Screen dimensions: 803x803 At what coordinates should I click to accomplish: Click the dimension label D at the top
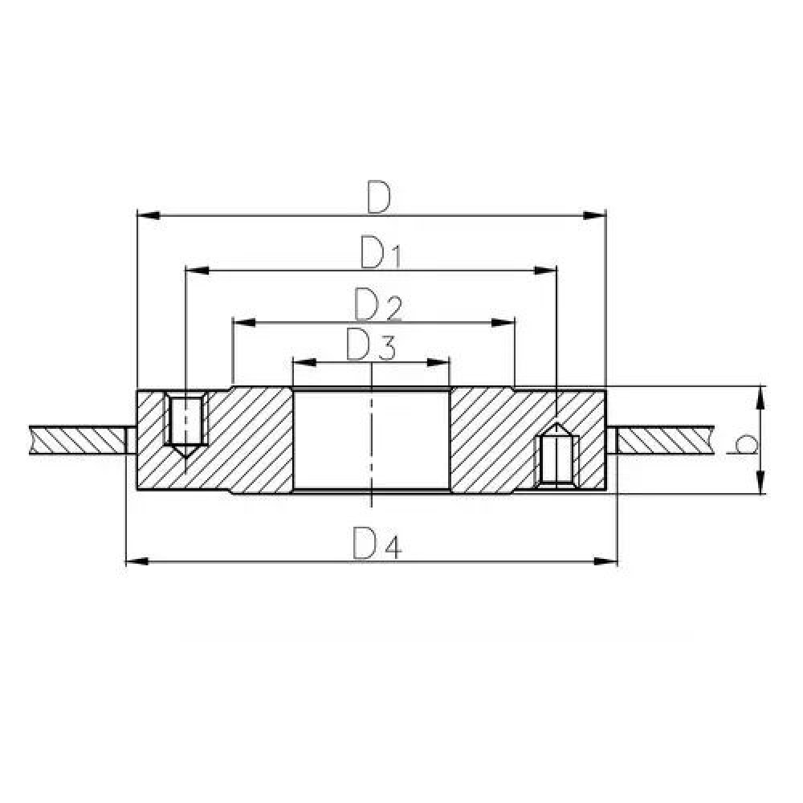pos(378,198)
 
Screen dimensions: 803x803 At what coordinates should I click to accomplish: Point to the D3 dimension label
pos(371,346)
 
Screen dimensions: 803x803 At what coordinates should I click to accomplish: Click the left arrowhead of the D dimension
pos(149,215)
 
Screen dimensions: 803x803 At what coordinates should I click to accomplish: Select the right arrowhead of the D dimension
pos(593,215)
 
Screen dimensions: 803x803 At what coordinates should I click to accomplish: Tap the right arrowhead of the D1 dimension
pos(546,270)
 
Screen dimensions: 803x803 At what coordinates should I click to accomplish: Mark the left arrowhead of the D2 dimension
pos(244,323)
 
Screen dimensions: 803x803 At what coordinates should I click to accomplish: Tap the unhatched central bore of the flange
pos(371,438)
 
